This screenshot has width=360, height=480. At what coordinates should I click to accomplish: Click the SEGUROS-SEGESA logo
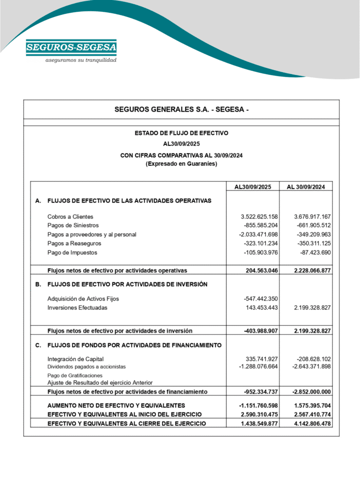tap(71, 47)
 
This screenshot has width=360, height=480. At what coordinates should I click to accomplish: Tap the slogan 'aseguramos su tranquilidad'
tap(81, 60)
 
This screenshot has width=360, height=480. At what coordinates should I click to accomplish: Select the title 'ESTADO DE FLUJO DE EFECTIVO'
tap(181, 133)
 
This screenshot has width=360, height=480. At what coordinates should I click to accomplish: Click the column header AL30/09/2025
tap(253, 187)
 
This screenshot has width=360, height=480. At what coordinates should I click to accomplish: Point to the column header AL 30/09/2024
tap(306, 187)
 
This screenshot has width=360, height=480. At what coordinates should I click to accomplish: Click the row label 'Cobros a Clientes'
tap(70, 217)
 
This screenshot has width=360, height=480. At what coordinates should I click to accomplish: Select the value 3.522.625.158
tap(259, 217)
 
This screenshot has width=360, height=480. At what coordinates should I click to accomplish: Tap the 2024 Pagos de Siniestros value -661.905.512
tap(314, 225)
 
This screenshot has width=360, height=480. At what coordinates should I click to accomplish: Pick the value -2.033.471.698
tap(258, 234)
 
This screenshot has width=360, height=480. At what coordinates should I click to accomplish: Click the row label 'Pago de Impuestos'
tap(72, 252)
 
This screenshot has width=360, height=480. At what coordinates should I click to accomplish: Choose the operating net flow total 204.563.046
tap(262, 270)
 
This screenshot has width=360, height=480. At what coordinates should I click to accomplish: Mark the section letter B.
tap(38, 284)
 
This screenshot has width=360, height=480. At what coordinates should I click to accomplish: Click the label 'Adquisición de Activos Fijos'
tap(83, 299)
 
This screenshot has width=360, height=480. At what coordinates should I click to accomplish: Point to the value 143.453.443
tap(262, 307)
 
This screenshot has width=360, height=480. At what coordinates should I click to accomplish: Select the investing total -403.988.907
tap(261, 330)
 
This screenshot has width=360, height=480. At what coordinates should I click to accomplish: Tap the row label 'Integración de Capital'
tap(75, 359)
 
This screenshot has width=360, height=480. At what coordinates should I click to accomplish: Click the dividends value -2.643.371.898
tap(311, 367)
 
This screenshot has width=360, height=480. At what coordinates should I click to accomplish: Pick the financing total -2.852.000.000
tap(311, 392)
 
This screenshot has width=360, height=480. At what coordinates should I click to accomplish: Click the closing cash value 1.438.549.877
tap(259, 423)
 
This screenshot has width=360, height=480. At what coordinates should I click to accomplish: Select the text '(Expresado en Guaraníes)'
tap(181, 164)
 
